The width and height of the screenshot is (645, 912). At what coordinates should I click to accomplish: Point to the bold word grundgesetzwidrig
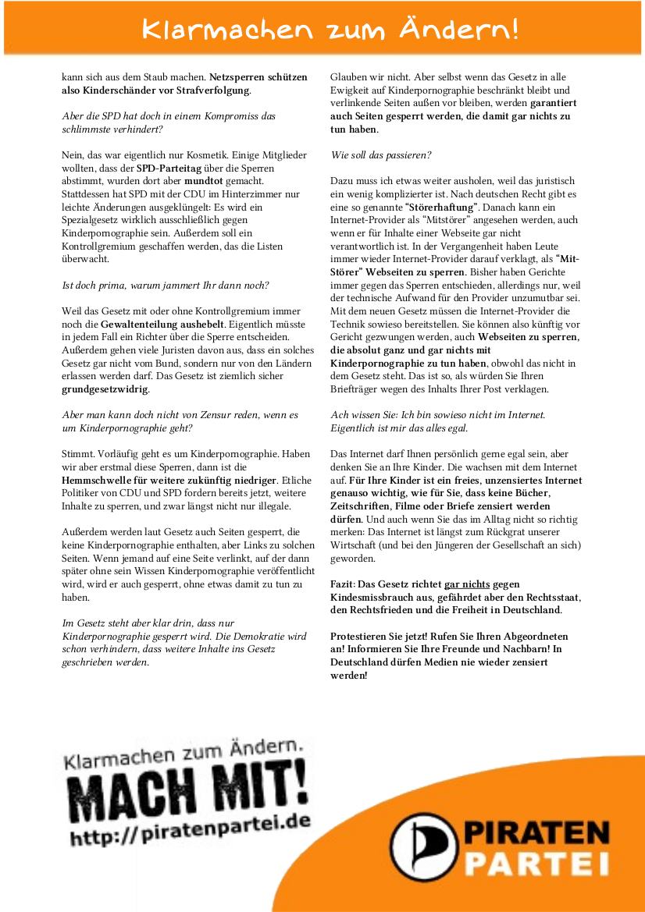click(105, 389)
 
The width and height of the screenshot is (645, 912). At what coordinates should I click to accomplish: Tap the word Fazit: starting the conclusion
click(344, 584)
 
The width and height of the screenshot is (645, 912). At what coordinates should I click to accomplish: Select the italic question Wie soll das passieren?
click(381, 155)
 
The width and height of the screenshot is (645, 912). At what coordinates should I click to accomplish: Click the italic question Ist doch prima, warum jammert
click(166, 285)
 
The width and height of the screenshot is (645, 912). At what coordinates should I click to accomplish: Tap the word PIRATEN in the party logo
click(537, 832)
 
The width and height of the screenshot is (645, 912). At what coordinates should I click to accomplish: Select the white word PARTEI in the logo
click(537, 864)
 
